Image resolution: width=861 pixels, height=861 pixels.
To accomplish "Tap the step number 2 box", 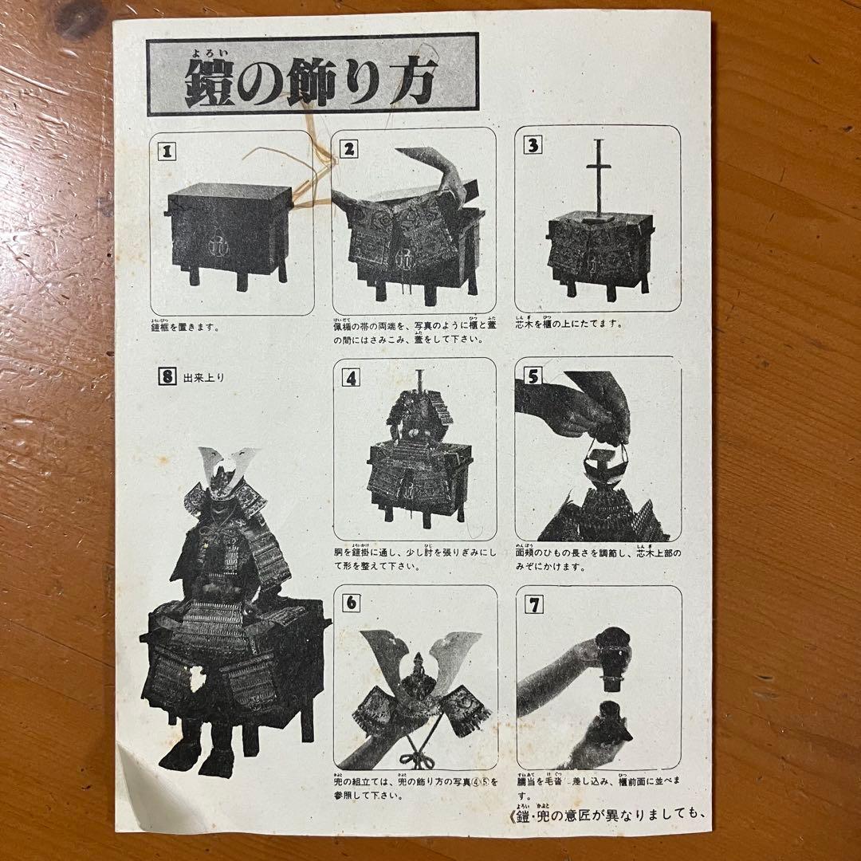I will pos(348,148).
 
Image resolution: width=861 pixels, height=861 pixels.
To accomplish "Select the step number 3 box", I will pos(532,145).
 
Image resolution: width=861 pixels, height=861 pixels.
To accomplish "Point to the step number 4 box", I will pos(351,377).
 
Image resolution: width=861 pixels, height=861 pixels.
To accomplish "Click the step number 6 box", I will pos(351,603).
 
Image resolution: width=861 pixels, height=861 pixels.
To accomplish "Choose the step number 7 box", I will pos(534,604).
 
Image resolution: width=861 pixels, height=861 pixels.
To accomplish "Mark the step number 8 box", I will pos(166,378).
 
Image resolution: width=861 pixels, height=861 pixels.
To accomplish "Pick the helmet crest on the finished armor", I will pos(229,465).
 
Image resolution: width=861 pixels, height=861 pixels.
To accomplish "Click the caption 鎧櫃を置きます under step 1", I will pos(184,326).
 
